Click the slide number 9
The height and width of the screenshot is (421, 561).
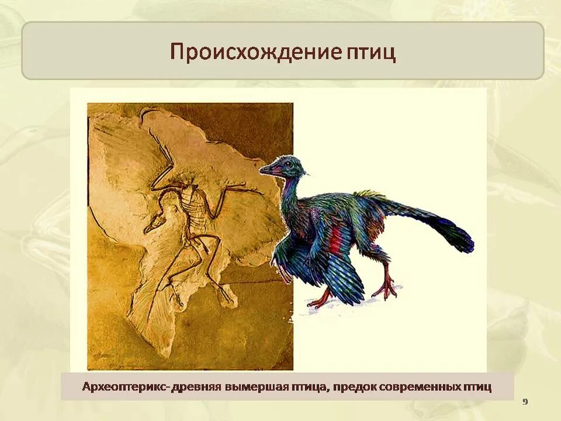(525, 402)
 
